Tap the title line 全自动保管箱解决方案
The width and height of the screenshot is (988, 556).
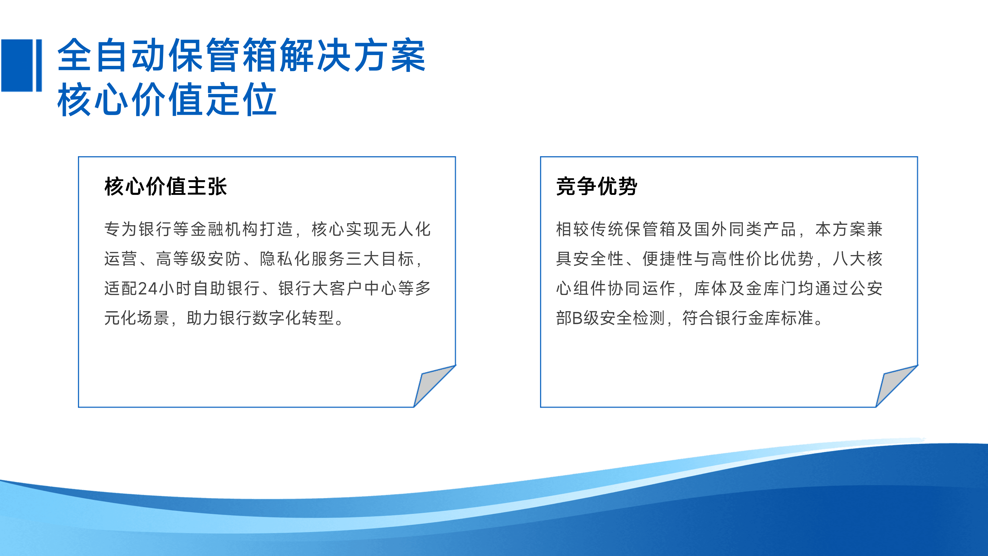(x=241, y=56)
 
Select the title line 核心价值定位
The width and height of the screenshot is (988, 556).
(x=167, y=100)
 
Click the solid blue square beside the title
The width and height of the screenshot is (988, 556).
(x=17, y=65)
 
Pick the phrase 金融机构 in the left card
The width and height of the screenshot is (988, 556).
(x=224, y=229)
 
